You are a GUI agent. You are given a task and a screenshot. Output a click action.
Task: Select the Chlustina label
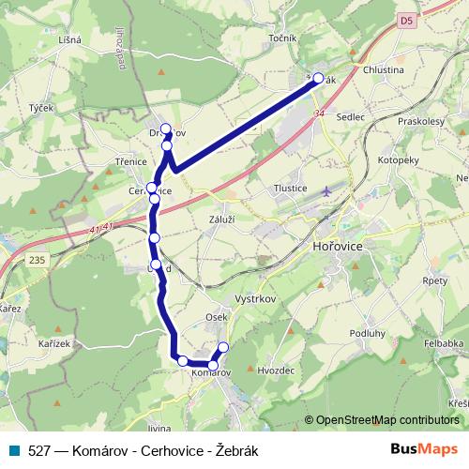tap(383, 69)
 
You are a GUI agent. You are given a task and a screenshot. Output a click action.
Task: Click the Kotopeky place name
tap(399, 160)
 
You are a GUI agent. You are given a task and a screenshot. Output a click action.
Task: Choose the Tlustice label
tap(290, 188)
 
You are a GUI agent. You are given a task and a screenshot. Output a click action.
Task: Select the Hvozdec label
tap(275, 371)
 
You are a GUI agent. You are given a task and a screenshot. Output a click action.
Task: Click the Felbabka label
tap(444, 344)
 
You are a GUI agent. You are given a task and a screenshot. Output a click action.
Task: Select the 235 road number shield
tap(38, 260)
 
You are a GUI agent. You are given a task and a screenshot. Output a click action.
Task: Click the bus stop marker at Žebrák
tap(317, 79)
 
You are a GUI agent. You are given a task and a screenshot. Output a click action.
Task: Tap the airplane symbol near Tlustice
tap(325, 190)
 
